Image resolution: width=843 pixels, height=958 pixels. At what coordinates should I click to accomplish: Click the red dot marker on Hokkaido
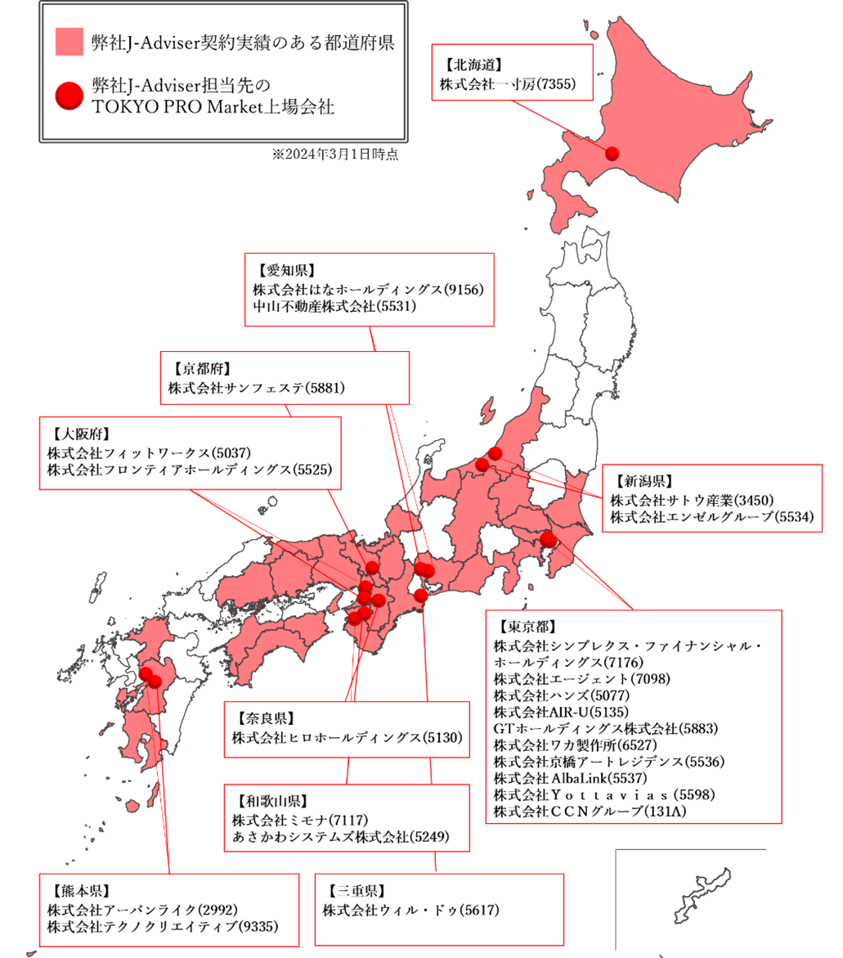pos(612,152)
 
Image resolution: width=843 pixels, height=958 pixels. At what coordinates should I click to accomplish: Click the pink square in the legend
pos(70,42)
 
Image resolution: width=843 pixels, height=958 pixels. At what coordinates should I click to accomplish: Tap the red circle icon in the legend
pos(70,95)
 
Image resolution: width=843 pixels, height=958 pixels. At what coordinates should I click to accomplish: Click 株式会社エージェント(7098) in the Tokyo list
pos(574,678)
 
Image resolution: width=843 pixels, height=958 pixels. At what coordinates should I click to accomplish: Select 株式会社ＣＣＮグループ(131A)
pos(590,811)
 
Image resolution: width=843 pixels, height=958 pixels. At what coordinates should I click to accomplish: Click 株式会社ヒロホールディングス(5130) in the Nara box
pos(347,738)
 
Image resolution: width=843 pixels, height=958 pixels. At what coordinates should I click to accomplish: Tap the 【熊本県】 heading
pos(80,891)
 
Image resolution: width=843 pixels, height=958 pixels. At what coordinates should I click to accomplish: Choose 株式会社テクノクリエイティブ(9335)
pos(163,926)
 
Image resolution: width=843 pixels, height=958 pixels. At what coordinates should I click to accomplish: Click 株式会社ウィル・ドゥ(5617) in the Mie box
pos(410,910)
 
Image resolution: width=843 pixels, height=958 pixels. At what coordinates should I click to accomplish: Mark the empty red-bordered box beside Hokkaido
pos(512,73)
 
